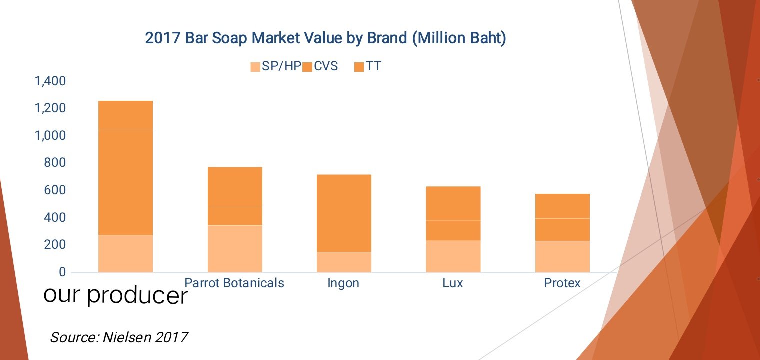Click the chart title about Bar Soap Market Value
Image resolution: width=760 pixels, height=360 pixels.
pos(325,38)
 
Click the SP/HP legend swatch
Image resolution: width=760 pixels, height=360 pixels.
pos(255,66)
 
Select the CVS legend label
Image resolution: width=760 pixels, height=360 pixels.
pos(326,66)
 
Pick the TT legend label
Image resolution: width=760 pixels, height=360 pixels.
pos(373,66)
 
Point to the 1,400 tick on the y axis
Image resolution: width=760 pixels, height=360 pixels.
pos(50,81)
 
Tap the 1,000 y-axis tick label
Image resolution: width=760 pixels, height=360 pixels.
pos(50,136)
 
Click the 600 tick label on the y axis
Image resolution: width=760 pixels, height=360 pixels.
pos(55,190)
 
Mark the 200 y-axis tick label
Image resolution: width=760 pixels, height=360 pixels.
pos(55,245)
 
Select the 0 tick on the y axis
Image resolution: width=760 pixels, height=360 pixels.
pos(62,272)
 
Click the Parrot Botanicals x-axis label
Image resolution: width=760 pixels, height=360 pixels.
pos(234,283)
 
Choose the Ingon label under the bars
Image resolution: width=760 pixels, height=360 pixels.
pos(343,283)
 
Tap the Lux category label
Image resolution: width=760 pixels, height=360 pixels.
pos(452,283)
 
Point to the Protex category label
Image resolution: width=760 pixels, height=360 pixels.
pos(562,283)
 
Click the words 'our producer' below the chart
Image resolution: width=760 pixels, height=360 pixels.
pos(116,296)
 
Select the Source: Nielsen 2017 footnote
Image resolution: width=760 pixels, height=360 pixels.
pos(119,337)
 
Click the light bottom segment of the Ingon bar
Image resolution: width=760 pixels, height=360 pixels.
pos(344,262)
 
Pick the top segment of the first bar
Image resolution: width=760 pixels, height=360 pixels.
pos(125,115)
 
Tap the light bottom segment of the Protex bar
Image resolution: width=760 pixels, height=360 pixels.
pos(562,256)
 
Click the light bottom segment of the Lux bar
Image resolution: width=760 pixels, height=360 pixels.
pos(453,256)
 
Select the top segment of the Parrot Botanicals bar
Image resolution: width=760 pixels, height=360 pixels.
pos(235,187)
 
